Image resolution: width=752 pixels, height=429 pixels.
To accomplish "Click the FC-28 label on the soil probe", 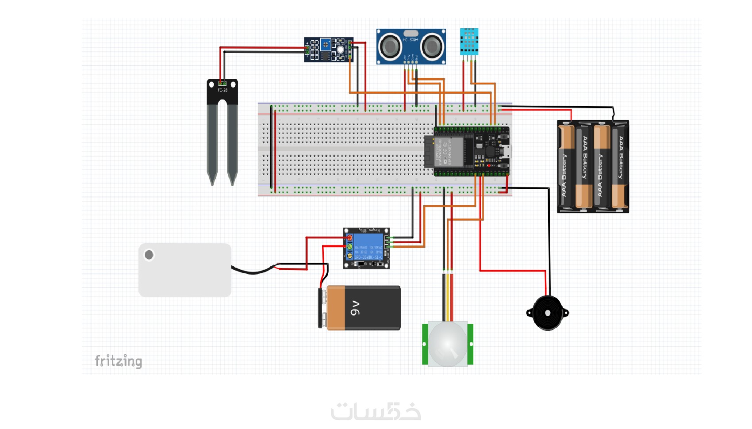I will [222, 90].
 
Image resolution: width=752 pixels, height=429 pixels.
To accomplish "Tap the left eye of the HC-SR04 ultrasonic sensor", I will [390, 46].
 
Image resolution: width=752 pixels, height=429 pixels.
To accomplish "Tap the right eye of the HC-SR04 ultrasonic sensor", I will [432, 46].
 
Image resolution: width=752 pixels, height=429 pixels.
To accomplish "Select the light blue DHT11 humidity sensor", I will [469, 41].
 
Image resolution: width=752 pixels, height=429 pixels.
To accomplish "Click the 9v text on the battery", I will [355, 308].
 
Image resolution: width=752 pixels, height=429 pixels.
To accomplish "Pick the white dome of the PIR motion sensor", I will [448, 344].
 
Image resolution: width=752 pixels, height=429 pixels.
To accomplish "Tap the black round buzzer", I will [548, 313].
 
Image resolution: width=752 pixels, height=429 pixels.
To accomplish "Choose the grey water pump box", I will [185, 270].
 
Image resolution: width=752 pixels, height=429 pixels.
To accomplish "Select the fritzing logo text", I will [119, 361].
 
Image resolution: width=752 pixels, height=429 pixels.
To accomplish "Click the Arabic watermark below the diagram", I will [376, 411].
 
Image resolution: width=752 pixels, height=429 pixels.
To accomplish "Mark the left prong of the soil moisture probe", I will [212, 142].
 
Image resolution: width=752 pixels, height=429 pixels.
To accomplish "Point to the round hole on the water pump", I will [149, 255].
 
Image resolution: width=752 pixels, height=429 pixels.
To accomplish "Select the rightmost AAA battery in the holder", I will [620, 167].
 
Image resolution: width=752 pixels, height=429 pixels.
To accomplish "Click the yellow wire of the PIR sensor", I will [448, 296].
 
